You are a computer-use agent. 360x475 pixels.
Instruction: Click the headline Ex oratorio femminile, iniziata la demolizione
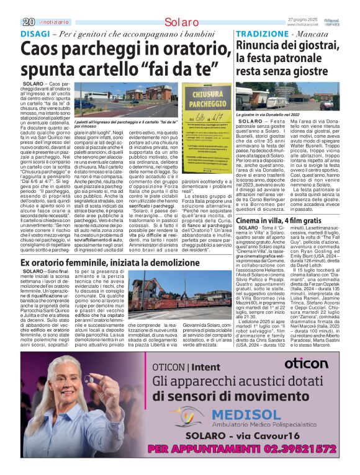[118, 264]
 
